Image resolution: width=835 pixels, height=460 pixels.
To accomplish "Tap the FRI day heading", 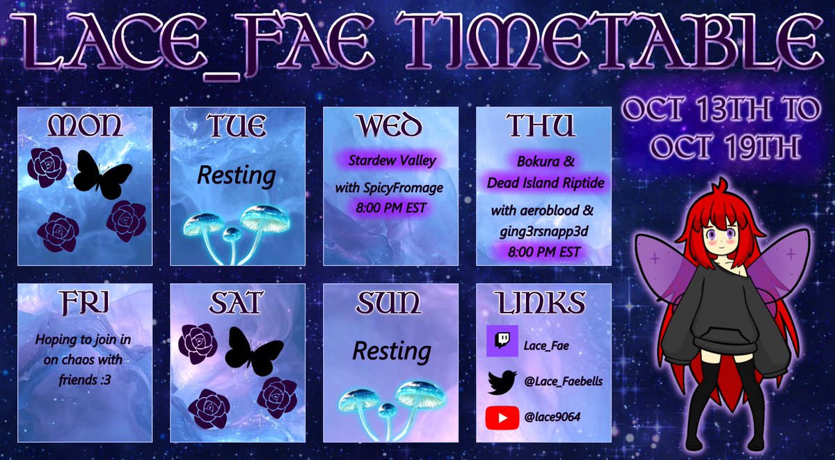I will coord(83,303).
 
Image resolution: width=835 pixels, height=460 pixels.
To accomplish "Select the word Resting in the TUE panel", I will coord(236,175).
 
